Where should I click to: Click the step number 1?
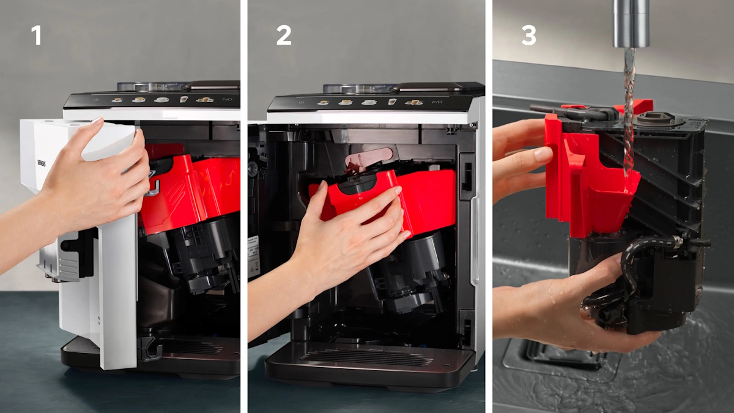[x=37, y=35]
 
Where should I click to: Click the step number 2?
[x=283, y=35]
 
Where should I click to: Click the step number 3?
[x=528, y=35]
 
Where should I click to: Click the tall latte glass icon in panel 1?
[x=183, y=99]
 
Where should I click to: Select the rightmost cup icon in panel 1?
[x=204, y=99]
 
